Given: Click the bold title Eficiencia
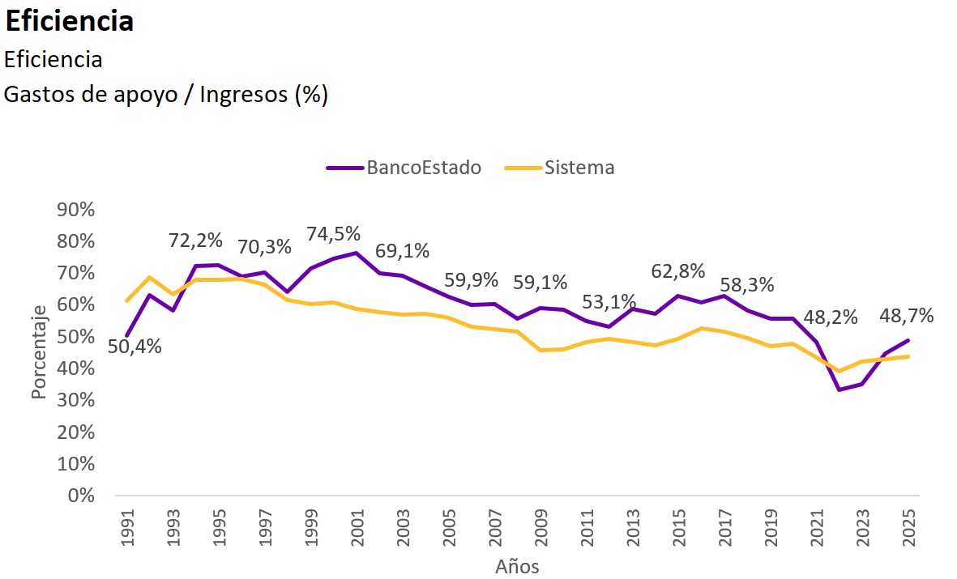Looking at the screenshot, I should coord(69,22).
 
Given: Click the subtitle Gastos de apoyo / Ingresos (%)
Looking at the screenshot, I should coord(165,95).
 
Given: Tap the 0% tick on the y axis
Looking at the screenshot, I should coord(82,495).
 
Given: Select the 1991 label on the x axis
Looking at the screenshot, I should coord(127,526).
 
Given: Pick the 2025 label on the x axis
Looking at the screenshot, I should coord(908,526).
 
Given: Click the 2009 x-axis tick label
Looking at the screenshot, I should coord(540,526).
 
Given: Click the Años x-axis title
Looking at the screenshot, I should coord(517,566).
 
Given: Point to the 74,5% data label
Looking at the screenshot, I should coord(333,234).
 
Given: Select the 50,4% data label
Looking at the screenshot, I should coord(135,347).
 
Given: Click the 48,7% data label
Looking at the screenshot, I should coord(908,316).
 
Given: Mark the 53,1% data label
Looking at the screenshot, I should coord(609,302).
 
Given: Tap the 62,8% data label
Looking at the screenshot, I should coord(678,271).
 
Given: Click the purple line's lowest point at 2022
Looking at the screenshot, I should coord(839,390).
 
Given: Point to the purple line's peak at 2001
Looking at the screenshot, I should coord(356,253).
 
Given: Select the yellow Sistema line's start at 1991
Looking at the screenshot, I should coord(127,300).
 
